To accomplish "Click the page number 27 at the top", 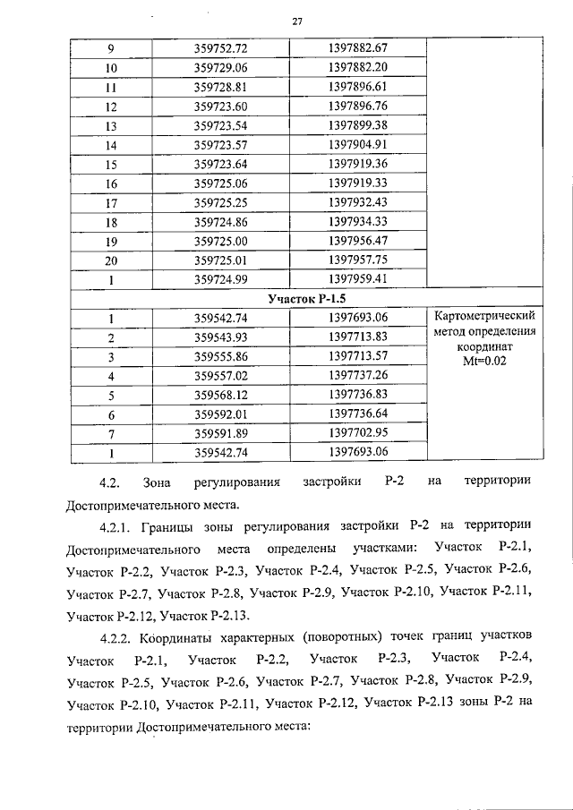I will [x=296, y=22].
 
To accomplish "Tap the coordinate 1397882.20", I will [x=357, y=67].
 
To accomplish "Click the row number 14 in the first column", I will [x=111, y=144].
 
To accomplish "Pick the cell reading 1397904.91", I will [x=357, y=144].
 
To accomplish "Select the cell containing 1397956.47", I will [x=357, y=241].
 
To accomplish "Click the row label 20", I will [x=111, y=260].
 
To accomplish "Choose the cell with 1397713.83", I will [x=357, y=337].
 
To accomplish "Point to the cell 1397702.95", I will [x=357, y=433].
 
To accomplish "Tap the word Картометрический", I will [x=484, y=317].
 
